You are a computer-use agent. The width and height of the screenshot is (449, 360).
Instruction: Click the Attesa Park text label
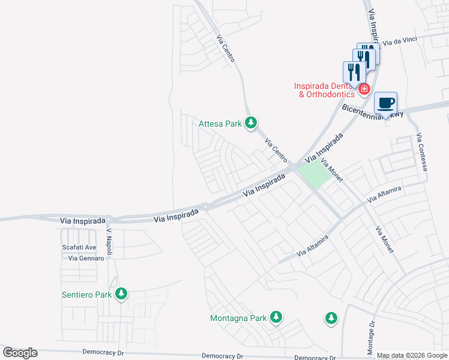click(x=220, y=124)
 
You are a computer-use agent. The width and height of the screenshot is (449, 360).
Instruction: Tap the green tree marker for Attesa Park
click(x=251, y=123)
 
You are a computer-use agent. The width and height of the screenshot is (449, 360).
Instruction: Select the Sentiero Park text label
click(x=87, y=295)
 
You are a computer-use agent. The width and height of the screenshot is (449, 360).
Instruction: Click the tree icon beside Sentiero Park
click(x=122, y=293)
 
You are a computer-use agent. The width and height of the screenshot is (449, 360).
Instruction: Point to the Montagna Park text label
click(x=238, y=318)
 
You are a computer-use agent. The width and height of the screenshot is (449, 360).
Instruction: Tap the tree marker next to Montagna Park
click(x=276, y=316)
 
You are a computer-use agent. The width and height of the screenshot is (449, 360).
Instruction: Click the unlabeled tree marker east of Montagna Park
click(x=331, y=318)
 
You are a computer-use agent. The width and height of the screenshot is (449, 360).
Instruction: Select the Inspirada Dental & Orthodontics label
click(x=324, y=90)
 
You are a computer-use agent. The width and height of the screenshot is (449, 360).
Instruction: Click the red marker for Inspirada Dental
click(x=364, y=90)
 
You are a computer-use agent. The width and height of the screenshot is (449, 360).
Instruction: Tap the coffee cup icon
click(x=386, y=103)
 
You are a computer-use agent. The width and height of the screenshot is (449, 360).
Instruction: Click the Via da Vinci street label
click(x=399, y=42)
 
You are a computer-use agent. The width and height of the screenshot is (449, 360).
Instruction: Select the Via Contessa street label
click(x=422, y=152)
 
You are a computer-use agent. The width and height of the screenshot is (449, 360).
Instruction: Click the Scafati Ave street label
click(x=79, y=247)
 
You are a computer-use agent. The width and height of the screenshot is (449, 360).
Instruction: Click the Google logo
click(x=20, y=353)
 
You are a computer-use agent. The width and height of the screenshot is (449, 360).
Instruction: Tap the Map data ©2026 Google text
click(x=412, y=355)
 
